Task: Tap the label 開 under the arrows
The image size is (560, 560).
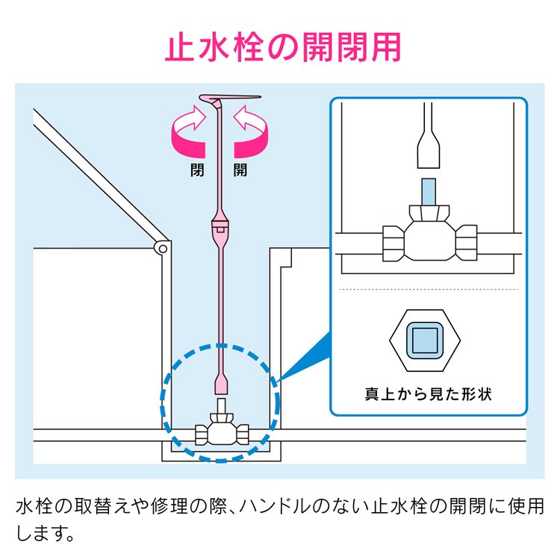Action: (x=240, y=169)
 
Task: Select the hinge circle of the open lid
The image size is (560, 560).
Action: (x=159, y=248)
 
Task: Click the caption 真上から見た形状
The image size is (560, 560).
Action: (x=428, y=393)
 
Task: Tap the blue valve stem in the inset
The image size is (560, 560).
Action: (x=429, y=192)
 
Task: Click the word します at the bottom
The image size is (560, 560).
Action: (x=44, y=535)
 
